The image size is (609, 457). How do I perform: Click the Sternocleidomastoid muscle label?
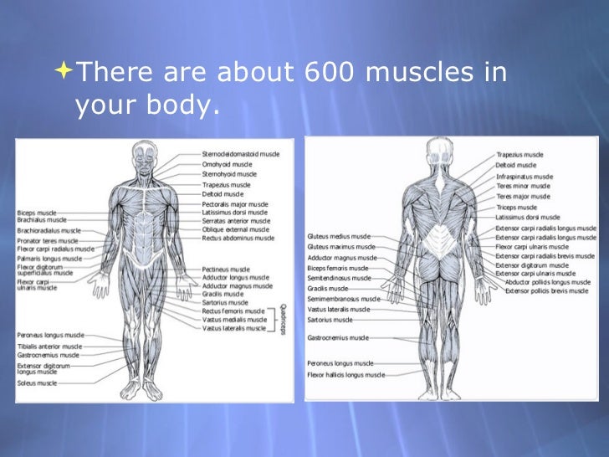click(x=241, y=154)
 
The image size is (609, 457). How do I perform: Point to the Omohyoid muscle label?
click(x=229, y=164)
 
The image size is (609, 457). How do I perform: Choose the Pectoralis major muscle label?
click(x=235, y=203)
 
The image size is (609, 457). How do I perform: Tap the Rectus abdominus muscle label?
click(x=238, y=238)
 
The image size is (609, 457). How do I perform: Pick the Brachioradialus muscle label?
click(x=49, y=230)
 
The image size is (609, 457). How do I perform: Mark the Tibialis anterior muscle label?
click(x=50, y=346)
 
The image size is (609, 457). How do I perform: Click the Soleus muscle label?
click(x=38, y=383)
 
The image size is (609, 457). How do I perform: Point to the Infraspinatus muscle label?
click(x=524, y=177)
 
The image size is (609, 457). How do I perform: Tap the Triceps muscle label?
click(x=516, y=207)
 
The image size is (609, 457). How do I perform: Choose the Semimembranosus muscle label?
click(x=344, y=299)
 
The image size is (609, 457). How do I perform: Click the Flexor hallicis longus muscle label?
click(x=346, y=375)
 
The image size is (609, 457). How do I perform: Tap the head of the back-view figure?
click(x=438, y=150)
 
